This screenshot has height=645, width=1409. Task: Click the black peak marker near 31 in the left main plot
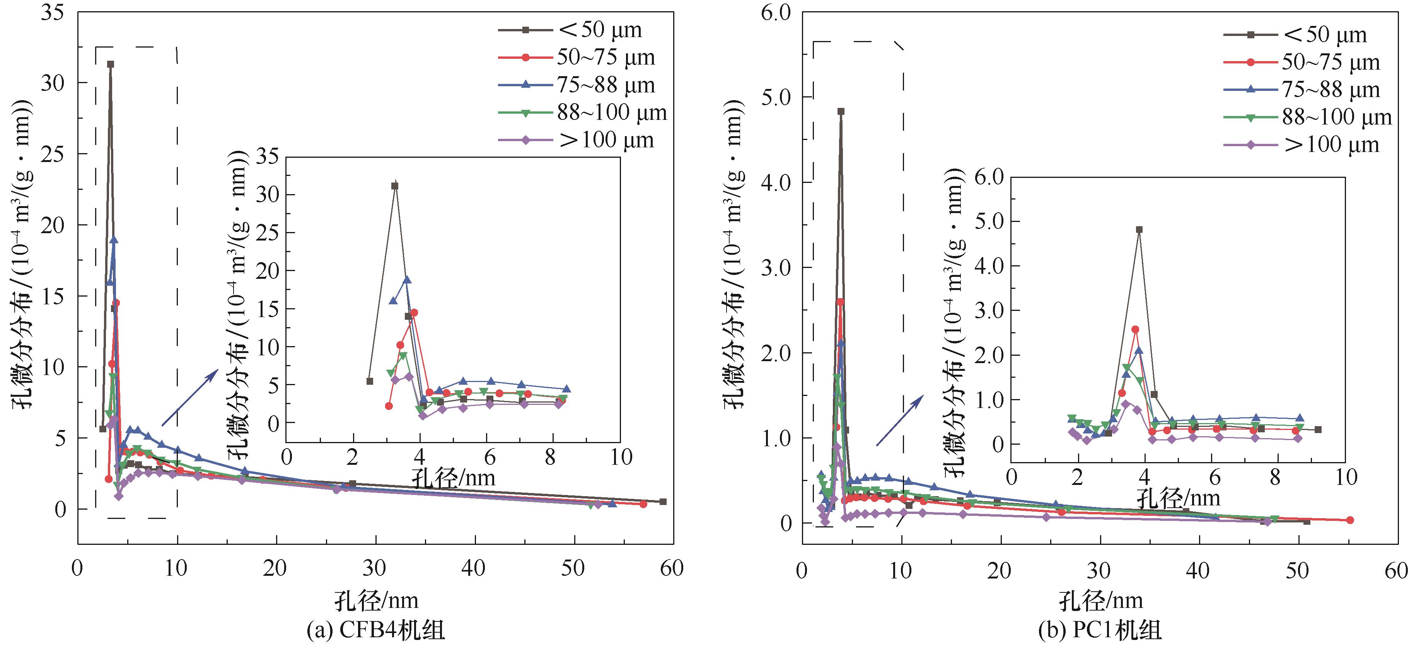[111, 64]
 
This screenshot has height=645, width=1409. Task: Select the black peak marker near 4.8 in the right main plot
[841, 111]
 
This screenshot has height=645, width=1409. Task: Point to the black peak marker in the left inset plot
[395, 186]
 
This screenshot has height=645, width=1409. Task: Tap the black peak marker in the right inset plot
[1139, 230]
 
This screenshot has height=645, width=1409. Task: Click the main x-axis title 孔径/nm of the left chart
[376, 601]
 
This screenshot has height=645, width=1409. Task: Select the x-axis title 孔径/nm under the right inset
[1179, 498]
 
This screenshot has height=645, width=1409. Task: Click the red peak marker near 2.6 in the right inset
[1135, 329]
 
